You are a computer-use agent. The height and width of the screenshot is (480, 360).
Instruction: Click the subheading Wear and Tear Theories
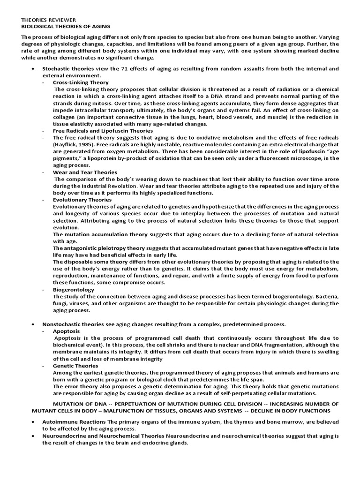tap(84, 172)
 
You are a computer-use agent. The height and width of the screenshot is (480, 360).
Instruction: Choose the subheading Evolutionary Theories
tap(82, 199)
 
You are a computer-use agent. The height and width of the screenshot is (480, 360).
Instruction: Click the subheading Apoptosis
tap(67, 330)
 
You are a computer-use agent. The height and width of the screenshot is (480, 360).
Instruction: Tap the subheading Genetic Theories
tap(75, 365)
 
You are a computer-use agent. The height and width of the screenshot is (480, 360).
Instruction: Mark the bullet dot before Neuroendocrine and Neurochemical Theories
tap(32, 436)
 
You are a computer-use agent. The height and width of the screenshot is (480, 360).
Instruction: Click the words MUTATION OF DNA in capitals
tap(79, 404)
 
